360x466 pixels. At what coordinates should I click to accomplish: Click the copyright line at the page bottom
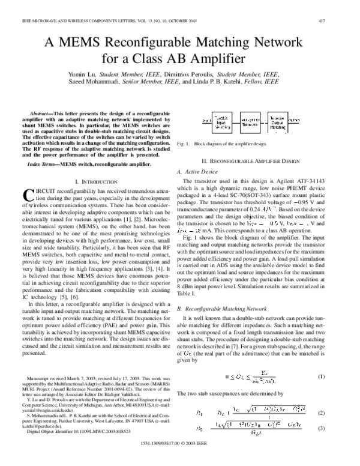(x=180, y=458)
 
